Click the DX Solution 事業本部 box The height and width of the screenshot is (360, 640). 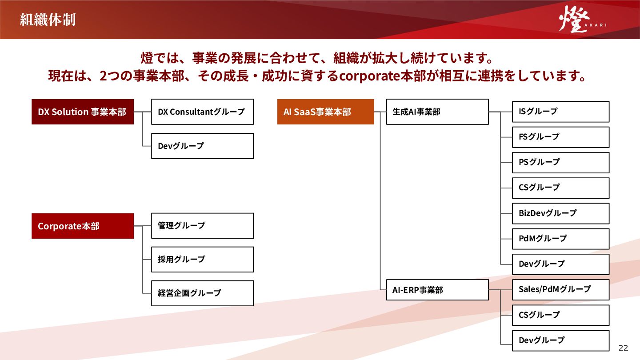pos(83,112)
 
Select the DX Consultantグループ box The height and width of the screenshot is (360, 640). pos(202,112)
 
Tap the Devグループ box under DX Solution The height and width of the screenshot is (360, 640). pos(202,146)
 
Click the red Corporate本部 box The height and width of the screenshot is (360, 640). pos(83,226)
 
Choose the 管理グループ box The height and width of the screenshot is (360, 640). pos(202,226)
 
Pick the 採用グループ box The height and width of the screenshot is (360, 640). pos(202,260)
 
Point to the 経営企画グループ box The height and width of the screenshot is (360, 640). pos(202,293)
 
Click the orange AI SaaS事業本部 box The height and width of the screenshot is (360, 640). pos(325,112)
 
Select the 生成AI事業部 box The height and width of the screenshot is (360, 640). pos(437,112)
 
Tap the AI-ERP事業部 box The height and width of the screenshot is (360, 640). pos(437,290)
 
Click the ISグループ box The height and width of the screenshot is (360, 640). pos(560,112)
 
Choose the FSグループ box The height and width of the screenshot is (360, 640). pos(560,137)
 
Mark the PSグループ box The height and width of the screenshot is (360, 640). pos(560,162)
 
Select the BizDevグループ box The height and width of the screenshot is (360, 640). pos(560,213)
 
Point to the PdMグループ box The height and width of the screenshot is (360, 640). pos(560,239)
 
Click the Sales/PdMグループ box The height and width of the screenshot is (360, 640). pos(560,289)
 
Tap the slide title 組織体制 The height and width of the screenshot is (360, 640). pos(48,20)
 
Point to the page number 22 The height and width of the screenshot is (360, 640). pos(623,347)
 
